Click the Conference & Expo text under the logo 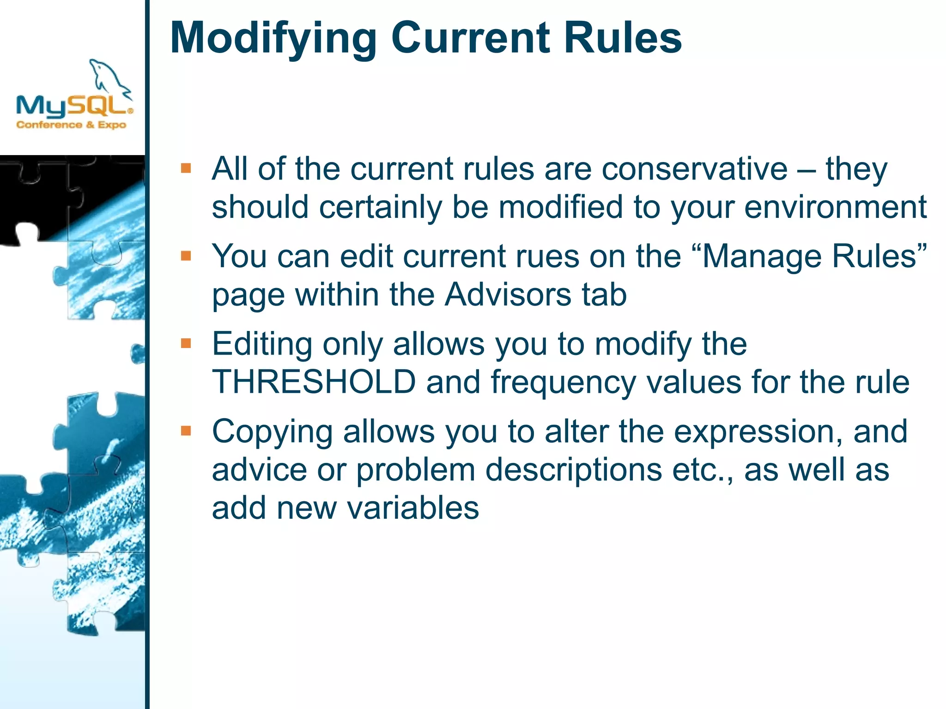(x=71, y=125)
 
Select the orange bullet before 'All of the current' (x=186, y=168)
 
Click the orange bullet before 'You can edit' (x=186, y=256)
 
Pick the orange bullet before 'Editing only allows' (x=186, y=343)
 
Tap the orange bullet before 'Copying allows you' (x=186, y=431)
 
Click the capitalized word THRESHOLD (x=314, y=382)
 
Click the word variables (x=413, y=508)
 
